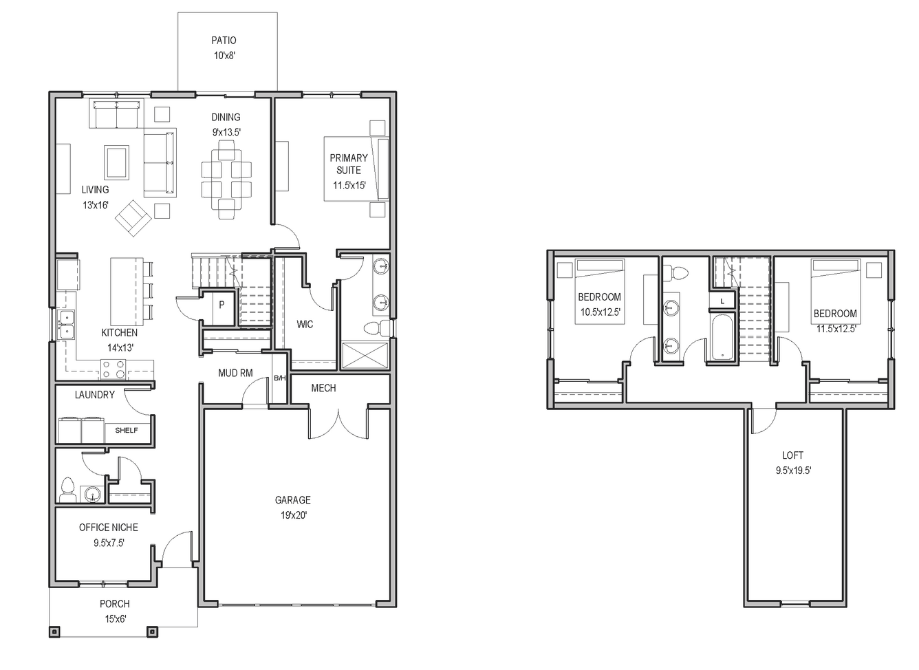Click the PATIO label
[224, 40]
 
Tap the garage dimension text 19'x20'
[294, 515]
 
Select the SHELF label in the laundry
[127, 431]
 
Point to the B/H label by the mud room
[280, 378]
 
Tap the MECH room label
[323, 388]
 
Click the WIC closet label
[305, 325]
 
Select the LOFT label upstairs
[792, 455]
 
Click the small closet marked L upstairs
[722, 301]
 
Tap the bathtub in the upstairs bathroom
[722, 337]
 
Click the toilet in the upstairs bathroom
[675, 273]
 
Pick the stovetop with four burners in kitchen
[113, 369]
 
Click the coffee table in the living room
[116, 162]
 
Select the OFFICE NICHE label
[108, 528]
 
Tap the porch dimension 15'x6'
[116, 618]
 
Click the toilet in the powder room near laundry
[67, 490]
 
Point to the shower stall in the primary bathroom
[365, 356]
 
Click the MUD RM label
[235, 373]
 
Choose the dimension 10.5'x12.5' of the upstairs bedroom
[600, 312]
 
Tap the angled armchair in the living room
[133, 218]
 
